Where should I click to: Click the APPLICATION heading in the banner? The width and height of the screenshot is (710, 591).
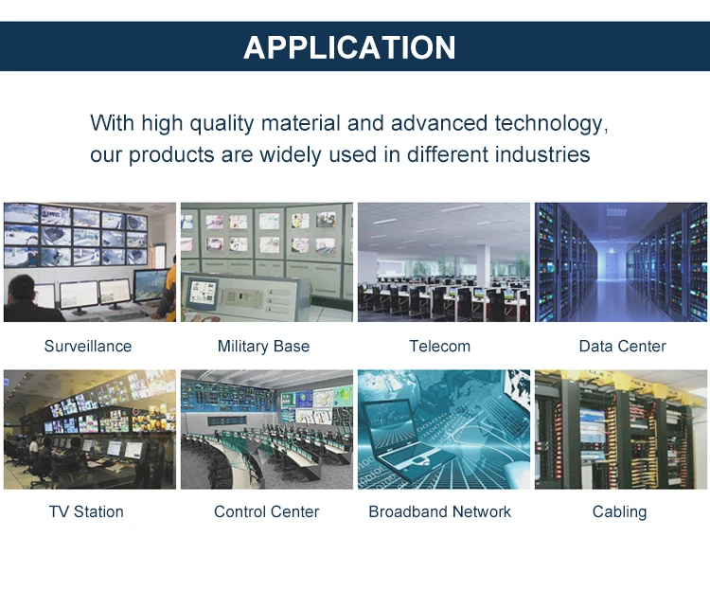[349, 47]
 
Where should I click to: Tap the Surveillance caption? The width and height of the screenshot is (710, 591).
[88, 346]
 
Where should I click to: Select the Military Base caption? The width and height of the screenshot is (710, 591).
[263, 347]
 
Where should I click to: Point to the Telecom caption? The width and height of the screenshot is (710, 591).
[439, 346]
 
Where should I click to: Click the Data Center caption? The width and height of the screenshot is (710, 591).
[623, 346]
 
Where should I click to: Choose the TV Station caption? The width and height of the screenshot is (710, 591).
[86, 511]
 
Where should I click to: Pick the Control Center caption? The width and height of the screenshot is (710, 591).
[266, 511]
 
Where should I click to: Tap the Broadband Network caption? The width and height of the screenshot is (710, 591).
[439, 511]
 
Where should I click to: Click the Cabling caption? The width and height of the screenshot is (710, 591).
[619, 512]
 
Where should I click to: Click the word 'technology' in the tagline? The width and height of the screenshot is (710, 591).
[551, 124]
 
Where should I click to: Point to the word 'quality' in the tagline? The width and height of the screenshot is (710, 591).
[222, 124]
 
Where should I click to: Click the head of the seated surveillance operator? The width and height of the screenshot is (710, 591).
[21, 288]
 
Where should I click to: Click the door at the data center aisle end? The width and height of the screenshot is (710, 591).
[612, 266]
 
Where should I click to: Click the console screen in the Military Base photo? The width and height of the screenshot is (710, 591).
[203, 292]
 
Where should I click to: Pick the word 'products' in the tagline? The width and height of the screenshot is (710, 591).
[171, 155]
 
